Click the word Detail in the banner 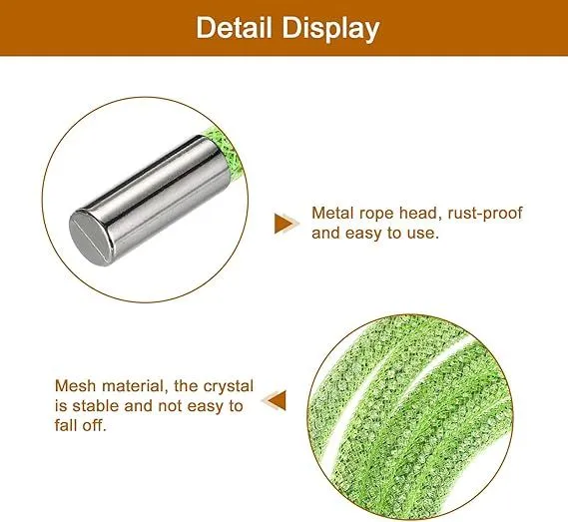click(x=234, y=28)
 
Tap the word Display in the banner click(x=330, y=29)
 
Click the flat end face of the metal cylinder click(x=91, y=238)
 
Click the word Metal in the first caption click(x=332, y=213)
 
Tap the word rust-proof click(x=485, y=214)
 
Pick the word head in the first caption click(x=420, y=214)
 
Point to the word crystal click(x=229, y=386)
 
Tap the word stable click(x=96, y=405)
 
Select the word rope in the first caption click(x=376, y=214)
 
